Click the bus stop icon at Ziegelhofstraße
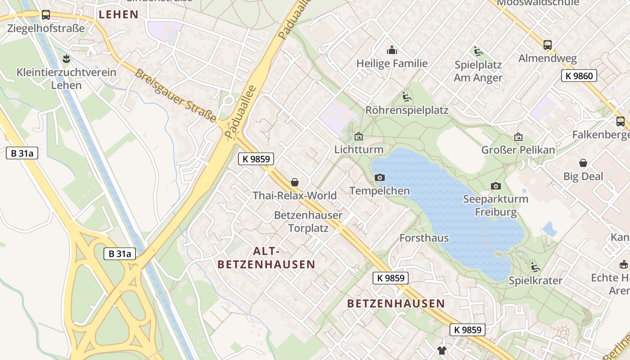tap(45, 15)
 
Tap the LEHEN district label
tap(118, 14)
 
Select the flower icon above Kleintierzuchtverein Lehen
tap(66, 58)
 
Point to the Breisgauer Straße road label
tap(175, 95)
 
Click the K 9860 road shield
tap(579, 76)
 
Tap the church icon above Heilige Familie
tap(392, 50)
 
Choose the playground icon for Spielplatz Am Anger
tap(477, 51)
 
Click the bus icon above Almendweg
tap(547, 45)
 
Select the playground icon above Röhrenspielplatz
tap(406, 96)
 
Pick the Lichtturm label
tap(359, 149)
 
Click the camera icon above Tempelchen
tap(380, 177)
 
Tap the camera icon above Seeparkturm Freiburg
tap(495, 186)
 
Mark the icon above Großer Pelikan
tap(518, 137)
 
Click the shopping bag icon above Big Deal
tap(583, 163)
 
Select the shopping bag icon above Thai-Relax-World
tap(295, 182)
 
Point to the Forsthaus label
tap(424, 238)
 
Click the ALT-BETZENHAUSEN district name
tap(266, 257)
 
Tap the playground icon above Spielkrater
tap(535, 267)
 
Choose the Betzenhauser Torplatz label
tap(308, 222)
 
